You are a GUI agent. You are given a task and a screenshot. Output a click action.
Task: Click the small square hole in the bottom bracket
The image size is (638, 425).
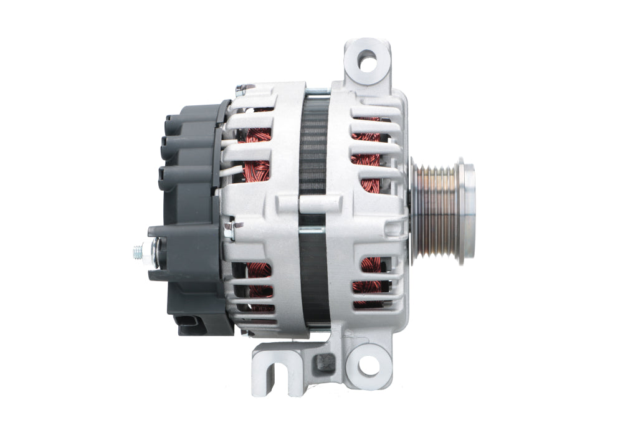coord(322,361)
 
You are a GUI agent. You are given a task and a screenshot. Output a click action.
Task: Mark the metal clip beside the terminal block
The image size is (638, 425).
coord(228,229)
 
